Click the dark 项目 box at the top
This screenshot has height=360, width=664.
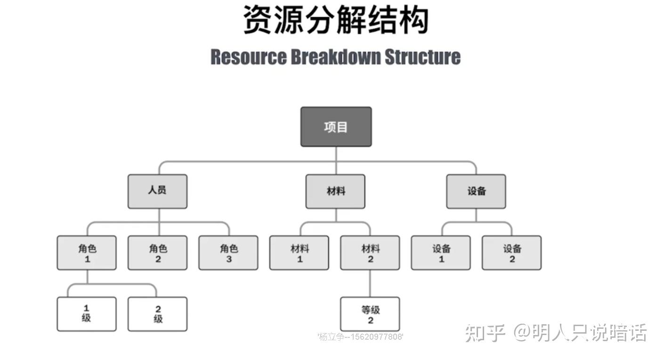(336, 127)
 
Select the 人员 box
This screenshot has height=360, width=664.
(157, 191)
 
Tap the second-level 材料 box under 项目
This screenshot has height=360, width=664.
(335, 191)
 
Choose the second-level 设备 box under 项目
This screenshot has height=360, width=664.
(476, 191)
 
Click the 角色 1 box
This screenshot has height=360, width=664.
(87, 253)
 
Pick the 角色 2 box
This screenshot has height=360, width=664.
(157, 253)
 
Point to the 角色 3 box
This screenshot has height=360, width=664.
(228, 253)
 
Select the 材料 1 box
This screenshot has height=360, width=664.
(299, 253)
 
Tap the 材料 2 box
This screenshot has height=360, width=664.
(370, 253)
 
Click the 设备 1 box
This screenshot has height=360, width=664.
(441, 253)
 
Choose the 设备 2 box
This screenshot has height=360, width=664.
(512, 253)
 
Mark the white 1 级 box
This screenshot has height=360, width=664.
(87, 314)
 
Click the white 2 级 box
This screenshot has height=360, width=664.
(157, 314)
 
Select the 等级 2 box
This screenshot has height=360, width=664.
(370, 314)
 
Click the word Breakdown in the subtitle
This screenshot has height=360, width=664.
(335, 57)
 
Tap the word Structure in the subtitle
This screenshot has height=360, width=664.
(422, 57)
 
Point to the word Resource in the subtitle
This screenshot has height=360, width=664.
(248, 57)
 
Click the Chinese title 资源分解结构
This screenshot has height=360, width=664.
(335, 20)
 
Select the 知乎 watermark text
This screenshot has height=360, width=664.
(485, 333)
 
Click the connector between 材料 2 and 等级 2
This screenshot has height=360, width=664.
(370, 283)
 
